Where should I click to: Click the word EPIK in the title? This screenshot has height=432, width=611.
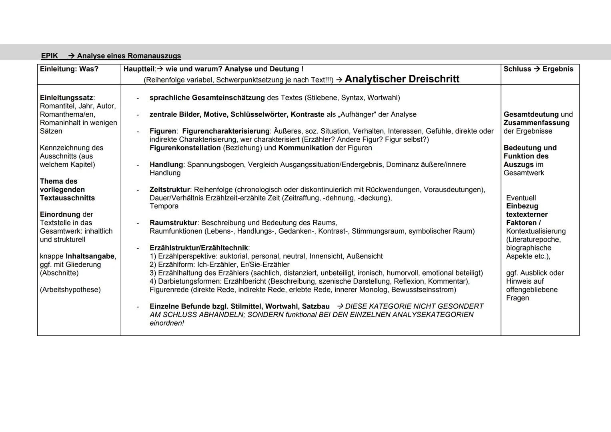50,56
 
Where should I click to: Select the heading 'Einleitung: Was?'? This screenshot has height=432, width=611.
69,69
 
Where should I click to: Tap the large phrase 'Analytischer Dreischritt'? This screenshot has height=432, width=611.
402,79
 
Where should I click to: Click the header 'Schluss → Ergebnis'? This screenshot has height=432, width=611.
538,69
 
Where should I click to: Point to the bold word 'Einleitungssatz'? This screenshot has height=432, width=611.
66,98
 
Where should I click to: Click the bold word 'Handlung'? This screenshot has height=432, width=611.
166,164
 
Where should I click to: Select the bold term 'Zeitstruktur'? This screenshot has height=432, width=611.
170,190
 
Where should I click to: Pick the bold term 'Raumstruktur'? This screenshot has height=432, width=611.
173,223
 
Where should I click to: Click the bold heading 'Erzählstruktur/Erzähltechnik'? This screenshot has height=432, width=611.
199,248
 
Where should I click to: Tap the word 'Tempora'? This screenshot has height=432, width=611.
164,206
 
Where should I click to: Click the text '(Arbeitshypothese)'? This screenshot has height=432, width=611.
70,290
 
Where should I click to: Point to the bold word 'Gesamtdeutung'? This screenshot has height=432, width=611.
531,114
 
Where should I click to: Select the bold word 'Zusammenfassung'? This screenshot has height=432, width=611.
537,123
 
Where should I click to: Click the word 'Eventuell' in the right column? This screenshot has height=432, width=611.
521,198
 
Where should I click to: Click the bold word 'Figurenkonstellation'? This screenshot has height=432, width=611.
185,148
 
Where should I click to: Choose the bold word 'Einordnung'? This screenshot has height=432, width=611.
60,214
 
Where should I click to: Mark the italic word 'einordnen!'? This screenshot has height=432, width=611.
167,323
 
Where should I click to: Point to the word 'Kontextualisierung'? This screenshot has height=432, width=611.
536,231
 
